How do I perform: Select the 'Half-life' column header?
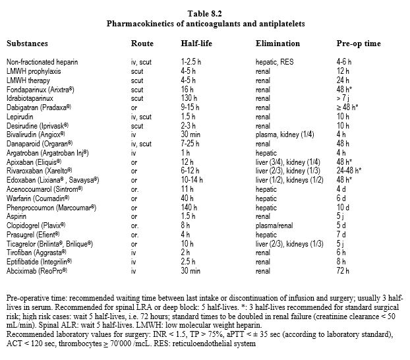[196, 44]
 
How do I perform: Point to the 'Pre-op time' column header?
[359, 44]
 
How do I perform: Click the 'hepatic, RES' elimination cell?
[275, 61]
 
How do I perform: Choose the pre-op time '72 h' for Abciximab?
[343, 269]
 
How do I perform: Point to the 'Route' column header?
[142, 44]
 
